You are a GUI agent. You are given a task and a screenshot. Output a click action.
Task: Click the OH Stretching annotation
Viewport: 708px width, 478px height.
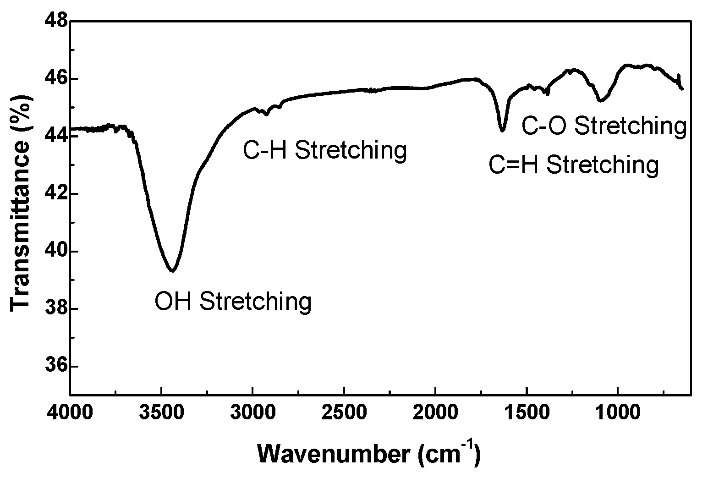click(x=233, y=302)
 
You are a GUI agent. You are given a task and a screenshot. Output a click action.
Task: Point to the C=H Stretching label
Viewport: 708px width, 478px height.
click(x=574, y=165)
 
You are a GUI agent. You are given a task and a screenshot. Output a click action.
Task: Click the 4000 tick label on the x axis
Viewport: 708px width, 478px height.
click(x=70, y=412)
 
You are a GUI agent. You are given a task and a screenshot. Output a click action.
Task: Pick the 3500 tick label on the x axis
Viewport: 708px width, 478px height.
click(x=161, y=412)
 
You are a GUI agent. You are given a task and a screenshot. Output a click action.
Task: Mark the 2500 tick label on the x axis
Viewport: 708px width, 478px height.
click(x=344, y=412)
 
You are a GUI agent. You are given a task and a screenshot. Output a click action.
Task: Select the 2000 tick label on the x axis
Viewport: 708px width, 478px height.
click(x=435, y=412)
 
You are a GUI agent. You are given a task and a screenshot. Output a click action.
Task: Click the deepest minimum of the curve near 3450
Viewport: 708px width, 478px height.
click(x=172, y=271)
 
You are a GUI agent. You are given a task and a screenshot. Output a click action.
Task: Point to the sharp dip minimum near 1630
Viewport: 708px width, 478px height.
click(x=502, y=131)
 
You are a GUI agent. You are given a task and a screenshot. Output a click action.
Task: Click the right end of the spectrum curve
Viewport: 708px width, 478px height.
click(x=682, y=89)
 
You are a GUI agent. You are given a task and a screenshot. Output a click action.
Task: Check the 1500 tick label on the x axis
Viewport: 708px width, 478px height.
click(x=527, y=412)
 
